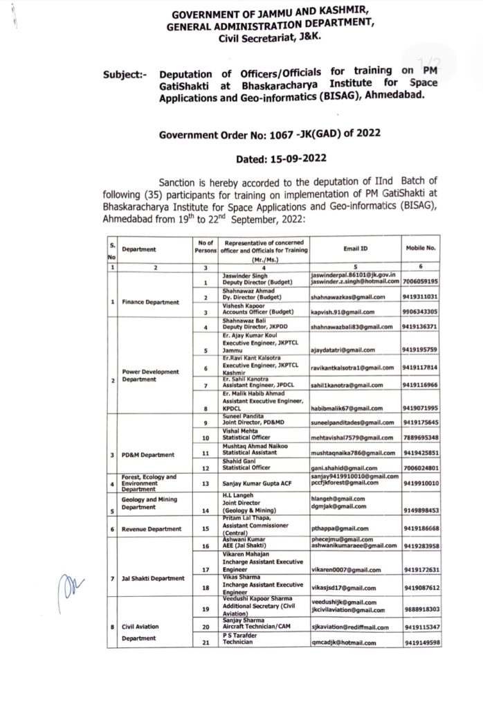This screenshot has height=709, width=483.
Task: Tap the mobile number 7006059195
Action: (x=421, y=282)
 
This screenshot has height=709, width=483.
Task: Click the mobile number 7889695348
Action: (x=421, y=438)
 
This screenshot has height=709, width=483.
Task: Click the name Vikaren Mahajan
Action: (x=248, y=556)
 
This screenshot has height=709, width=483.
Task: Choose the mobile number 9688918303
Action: (x=421, y=609)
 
